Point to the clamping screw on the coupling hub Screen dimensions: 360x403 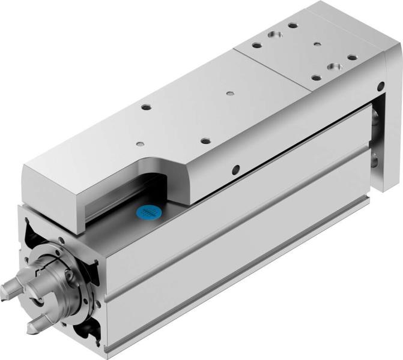pyautogui.click(x=70, y=276)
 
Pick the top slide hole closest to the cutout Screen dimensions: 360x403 pyautogui.click(x=139, y=143)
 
